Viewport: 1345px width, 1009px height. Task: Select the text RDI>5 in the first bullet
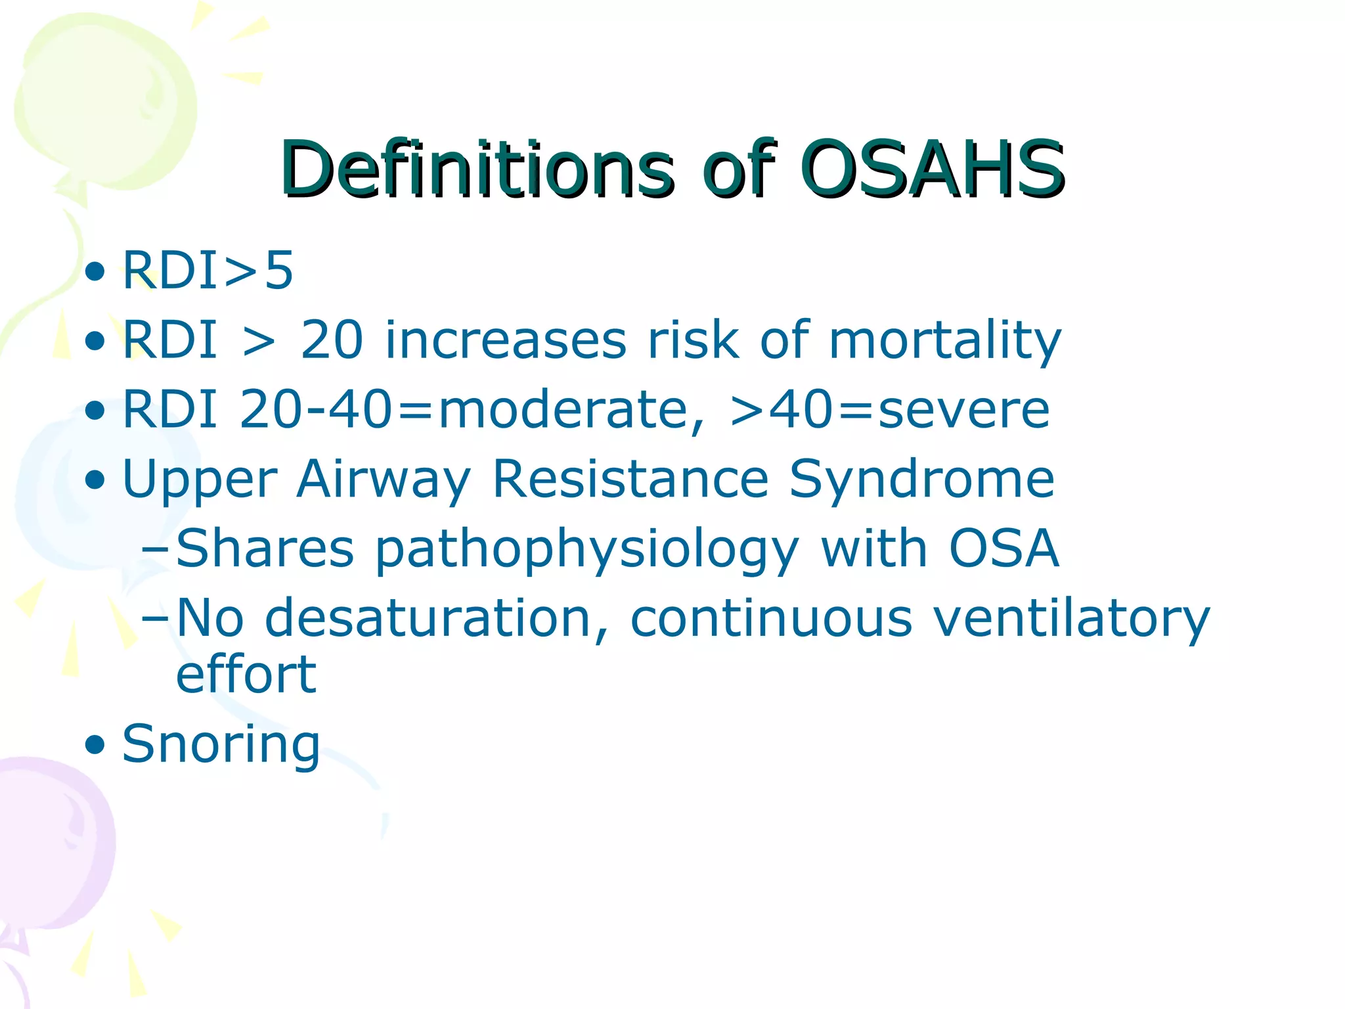(x=208, y=270)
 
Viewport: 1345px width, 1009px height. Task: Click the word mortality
(x=944, y=341)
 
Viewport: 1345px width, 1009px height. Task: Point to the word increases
(x=506, y=341)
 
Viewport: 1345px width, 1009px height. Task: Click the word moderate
(x=563, y=410)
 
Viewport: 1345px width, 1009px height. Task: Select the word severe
(x=963, y=410)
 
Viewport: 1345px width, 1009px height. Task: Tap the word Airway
(x=383, y=480)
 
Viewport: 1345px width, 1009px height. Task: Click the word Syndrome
(x=921, y=480)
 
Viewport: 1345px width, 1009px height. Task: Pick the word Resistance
(x=630, y=480)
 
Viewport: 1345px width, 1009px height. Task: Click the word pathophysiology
(x=586, y=549)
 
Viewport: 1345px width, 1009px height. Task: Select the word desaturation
(x=436, y=618)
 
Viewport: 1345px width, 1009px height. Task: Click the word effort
(x=246, y=675)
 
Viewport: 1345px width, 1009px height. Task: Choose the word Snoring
(x=221, y=744)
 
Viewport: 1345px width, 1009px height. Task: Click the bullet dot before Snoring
(x=95, y=745)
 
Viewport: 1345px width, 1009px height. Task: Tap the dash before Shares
(x=155, y=549)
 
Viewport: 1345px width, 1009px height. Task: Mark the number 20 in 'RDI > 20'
(x=331, y=341)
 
